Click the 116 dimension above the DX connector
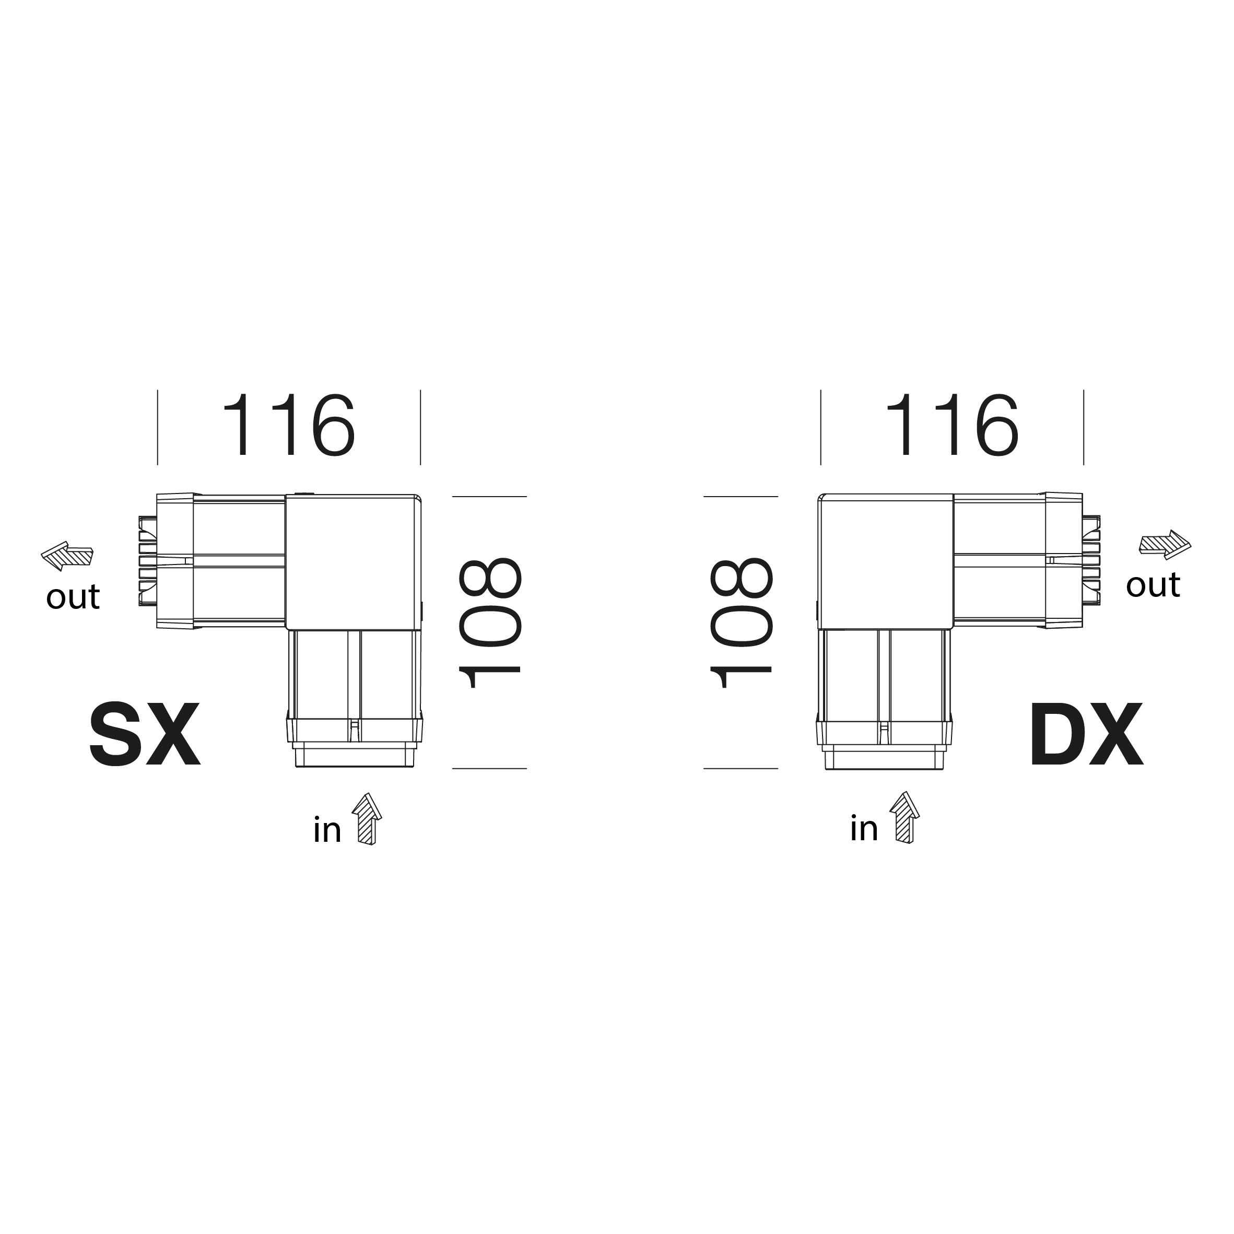click(x=951, y=425)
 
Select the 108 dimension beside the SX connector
click(x=490, y=624)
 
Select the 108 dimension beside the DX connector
click(x=741, y=624)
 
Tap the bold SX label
click(x=145, y=735)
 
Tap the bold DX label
click(x=1086, y=735)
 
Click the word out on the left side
click(x=73, y=597)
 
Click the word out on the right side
click(x=1153, y=585)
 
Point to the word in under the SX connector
click(x=327, y=830)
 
